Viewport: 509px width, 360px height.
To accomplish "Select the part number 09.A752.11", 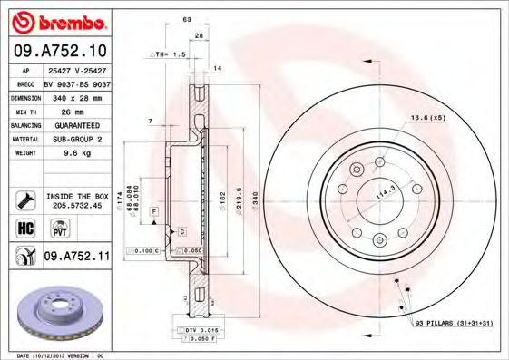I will coord(77,257).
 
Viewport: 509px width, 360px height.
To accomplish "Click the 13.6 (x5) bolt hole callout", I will coord(427,119).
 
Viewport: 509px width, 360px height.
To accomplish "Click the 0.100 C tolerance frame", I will coord(145,249).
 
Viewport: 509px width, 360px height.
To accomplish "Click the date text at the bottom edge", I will coord(58,355).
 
